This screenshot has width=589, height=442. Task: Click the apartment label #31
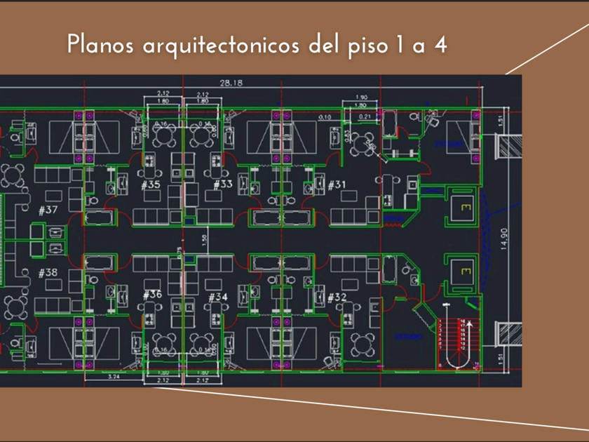(337, 185)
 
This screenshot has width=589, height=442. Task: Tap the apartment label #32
(337, 298)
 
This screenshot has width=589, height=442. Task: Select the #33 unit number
(222, 185)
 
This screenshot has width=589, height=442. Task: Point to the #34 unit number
(218, 297)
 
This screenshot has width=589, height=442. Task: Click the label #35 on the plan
(151, 185)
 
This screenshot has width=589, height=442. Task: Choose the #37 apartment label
(48, 210)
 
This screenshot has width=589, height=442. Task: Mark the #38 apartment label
(48, 272)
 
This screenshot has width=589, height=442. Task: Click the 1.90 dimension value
(361, 97)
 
